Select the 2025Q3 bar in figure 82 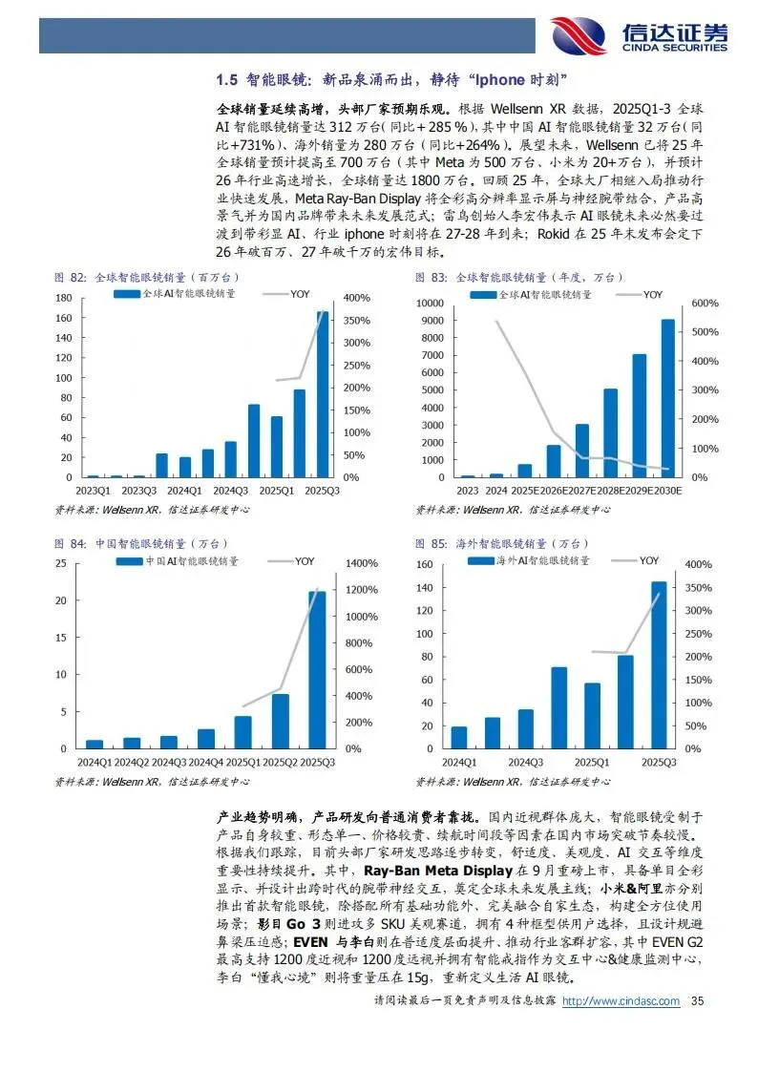323,393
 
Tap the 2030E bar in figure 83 667,398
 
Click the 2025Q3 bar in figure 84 316,669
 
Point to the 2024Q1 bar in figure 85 459,737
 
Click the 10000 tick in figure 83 432,303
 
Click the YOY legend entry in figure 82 302,294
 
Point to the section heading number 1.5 225,78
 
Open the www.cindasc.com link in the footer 621,1000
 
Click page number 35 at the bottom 697,1000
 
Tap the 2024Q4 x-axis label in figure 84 205,762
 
